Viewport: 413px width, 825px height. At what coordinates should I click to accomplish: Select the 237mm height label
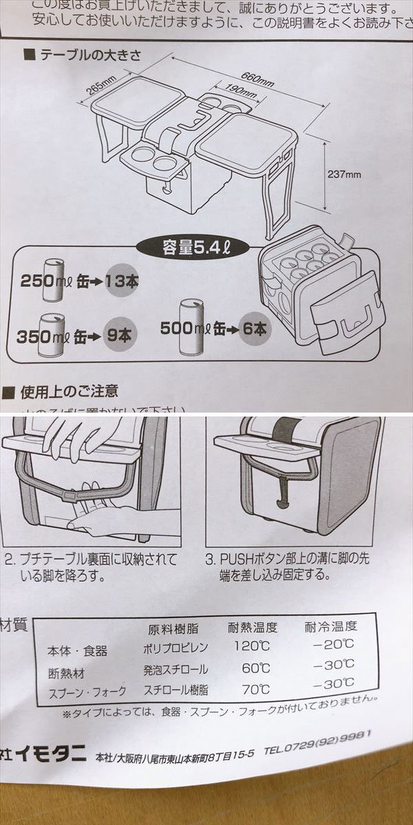click(344, 175)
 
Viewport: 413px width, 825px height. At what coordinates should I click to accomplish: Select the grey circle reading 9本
click(118, 336)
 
